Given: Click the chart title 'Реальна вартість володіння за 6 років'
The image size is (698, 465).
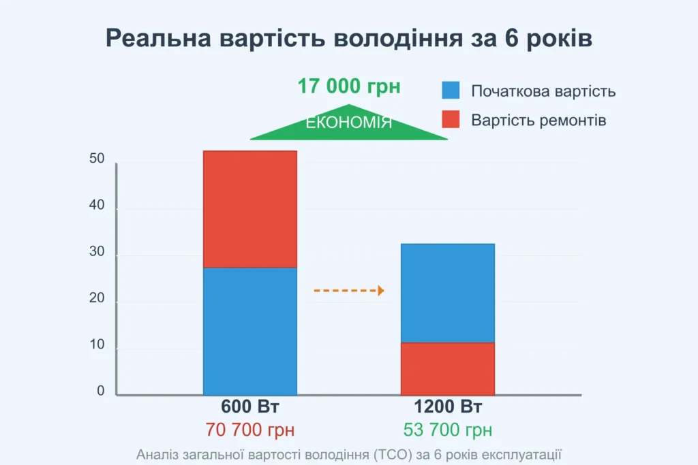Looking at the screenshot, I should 349,38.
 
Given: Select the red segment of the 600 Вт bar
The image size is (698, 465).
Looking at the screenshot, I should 250,208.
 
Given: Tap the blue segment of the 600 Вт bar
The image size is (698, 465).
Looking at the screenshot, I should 250,331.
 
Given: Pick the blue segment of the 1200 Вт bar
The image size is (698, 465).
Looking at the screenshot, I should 447,293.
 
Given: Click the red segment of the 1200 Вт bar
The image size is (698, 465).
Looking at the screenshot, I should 447,368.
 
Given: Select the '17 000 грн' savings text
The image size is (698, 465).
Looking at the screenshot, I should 349,86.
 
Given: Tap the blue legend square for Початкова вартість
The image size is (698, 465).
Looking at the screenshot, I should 451,91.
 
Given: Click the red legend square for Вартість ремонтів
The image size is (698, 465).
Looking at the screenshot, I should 451,120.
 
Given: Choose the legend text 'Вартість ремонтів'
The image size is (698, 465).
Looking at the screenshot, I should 538,121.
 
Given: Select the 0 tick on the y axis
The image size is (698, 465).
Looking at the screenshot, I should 101,391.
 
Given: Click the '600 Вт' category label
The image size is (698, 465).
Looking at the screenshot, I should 250,408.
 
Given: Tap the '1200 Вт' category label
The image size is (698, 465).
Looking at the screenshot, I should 448,408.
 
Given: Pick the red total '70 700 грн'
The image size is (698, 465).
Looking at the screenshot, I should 250,430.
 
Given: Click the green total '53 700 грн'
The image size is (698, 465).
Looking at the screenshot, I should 448,430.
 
